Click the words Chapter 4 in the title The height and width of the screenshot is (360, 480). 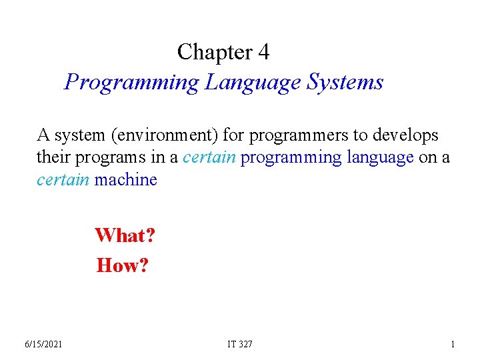[x=223, y=52]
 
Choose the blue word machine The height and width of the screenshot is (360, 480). [x=126, y=179]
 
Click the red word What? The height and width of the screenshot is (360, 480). [x=125, y=235]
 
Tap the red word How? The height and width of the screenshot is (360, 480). [x=123, y=265]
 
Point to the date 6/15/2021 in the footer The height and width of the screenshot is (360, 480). [x=43, y=344]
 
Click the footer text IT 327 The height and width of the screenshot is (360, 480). [x=240, y=344]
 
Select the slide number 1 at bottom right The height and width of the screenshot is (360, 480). [x=453, y=344]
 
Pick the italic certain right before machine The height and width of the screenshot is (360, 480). [x=63, y=179]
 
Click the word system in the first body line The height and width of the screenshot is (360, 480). [x=80, y=135]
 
